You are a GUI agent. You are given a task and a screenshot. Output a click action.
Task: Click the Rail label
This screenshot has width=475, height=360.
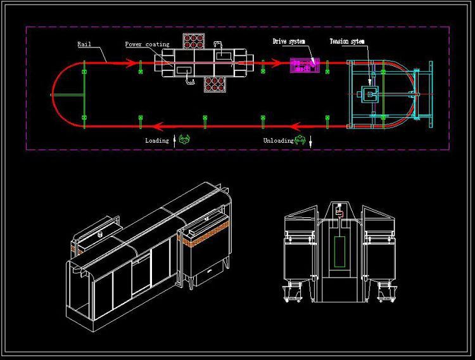point(84,44)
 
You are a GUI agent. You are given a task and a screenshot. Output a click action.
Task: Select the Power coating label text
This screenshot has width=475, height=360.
point(147,44)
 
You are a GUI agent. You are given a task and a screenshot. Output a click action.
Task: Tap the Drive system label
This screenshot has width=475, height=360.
point(289,41)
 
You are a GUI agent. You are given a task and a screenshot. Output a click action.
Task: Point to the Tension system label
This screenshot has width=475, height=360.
point(347,41)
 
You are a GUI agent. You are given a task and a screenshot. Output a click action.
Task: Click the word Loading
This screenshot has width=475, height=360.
point(157,141)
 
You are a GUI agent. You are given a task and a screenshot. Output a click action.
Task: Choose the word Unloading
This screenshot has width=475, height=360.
point(279,141)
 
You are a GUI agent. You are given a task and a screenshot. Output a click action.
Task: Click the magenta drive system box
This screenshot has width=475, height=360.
point(305,65)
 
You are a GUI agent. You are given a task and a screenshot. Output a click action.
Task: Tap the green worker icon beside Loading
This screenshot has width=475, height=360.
point(184,139)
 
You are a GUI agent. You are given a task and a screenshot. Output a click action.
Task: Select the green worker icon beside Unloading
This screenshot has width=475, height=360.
point(300,139)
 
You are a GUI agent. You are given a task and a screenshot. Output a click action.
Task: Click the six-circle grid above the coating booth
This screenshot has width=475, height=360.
point(194,41)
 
